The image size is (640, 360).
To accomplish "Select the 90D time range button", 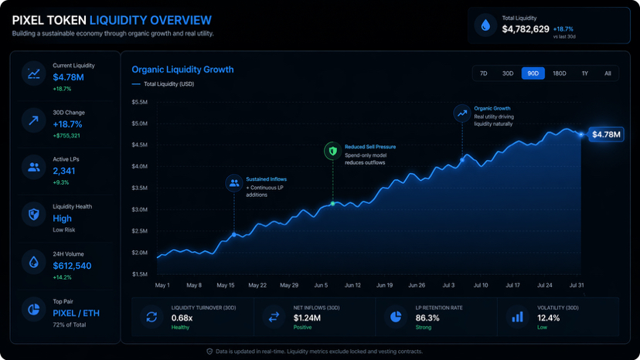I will (533, 73).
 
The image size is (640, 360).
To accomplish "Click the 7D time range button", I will (484, 73).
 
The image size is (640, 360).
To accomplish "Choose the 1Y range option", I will (585, 73).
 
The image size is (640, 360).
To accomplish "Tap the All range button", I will (608, 73).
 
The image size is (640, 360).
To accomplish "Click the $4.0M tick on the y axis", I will (140, 166).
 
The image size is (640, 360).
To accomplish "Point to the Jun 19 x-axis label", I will (384, 285).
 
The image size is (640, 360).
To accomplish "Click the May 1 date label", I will (162, 285).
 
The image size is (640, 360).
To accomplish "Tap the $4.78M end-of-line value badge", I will (606, 134).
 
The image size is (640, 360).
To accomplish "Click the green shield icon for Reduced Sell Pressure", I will (332, 151).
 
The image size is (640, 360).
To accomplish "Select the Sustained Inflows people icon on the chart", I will (233, 183).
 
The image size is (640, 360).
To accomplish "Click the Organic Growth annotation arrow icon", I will (462, 113).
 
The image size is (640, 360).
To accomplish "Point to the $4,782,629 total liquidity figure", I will (526, 29).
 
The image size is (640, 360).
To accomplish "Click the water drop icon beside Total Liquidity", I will (485, 26).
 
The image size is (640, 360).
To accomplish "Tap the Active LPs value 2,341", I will (64, 171).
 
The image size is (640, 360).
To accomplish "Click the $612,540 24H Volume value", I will (72, 266).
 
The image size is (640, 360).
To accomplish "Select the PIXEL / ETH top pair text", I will (76, 313).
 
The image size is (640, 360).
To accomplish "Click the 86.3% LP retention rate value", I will (427, 318).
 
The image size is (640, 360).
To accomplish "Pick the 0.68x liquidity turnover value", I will (182, 318).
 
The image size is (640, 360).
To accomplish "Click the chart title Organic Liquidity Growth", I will (182, 70).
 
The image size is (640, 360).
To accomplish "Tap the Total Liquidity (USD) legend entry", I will (168, 83).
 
